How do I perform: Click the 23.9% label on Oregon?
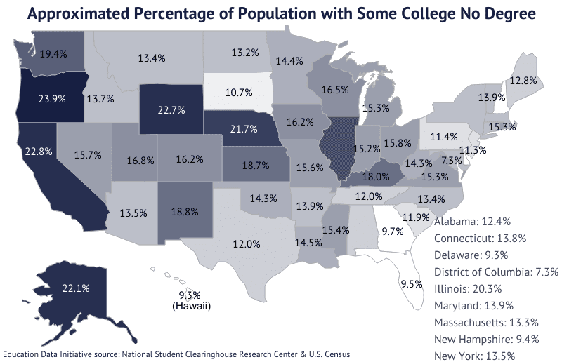(x=53, y=99)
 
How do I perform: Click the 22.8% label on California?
(x=36, y=151)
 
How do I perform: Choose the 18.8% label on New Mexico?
(x=183, y=210)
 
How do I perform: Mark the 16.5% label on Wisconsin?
(x=336, y=90)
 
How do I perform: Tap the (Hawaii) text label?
(x=191, y=307)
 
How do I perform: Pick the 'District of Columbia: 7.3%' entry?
(x=495, y=271)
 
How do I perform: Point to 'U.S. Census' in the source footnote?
(x=328, y=354)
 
